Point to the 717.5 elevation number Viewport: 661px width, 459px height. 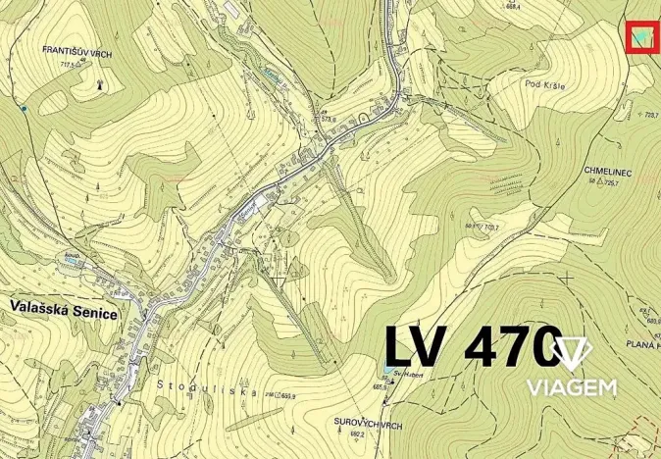69,64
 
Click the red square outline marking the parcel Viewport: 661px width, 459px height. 641,36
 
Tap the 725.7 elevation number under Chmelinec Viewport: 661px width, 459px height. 616,183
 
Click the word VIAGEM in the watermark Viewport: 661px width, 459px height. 573,387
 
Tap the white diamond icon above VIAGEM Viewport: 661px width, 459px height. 571,354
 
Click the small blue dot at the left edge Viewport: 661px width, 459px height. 22,107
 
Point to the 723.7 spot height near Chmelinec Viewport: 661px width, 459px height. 648,115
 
